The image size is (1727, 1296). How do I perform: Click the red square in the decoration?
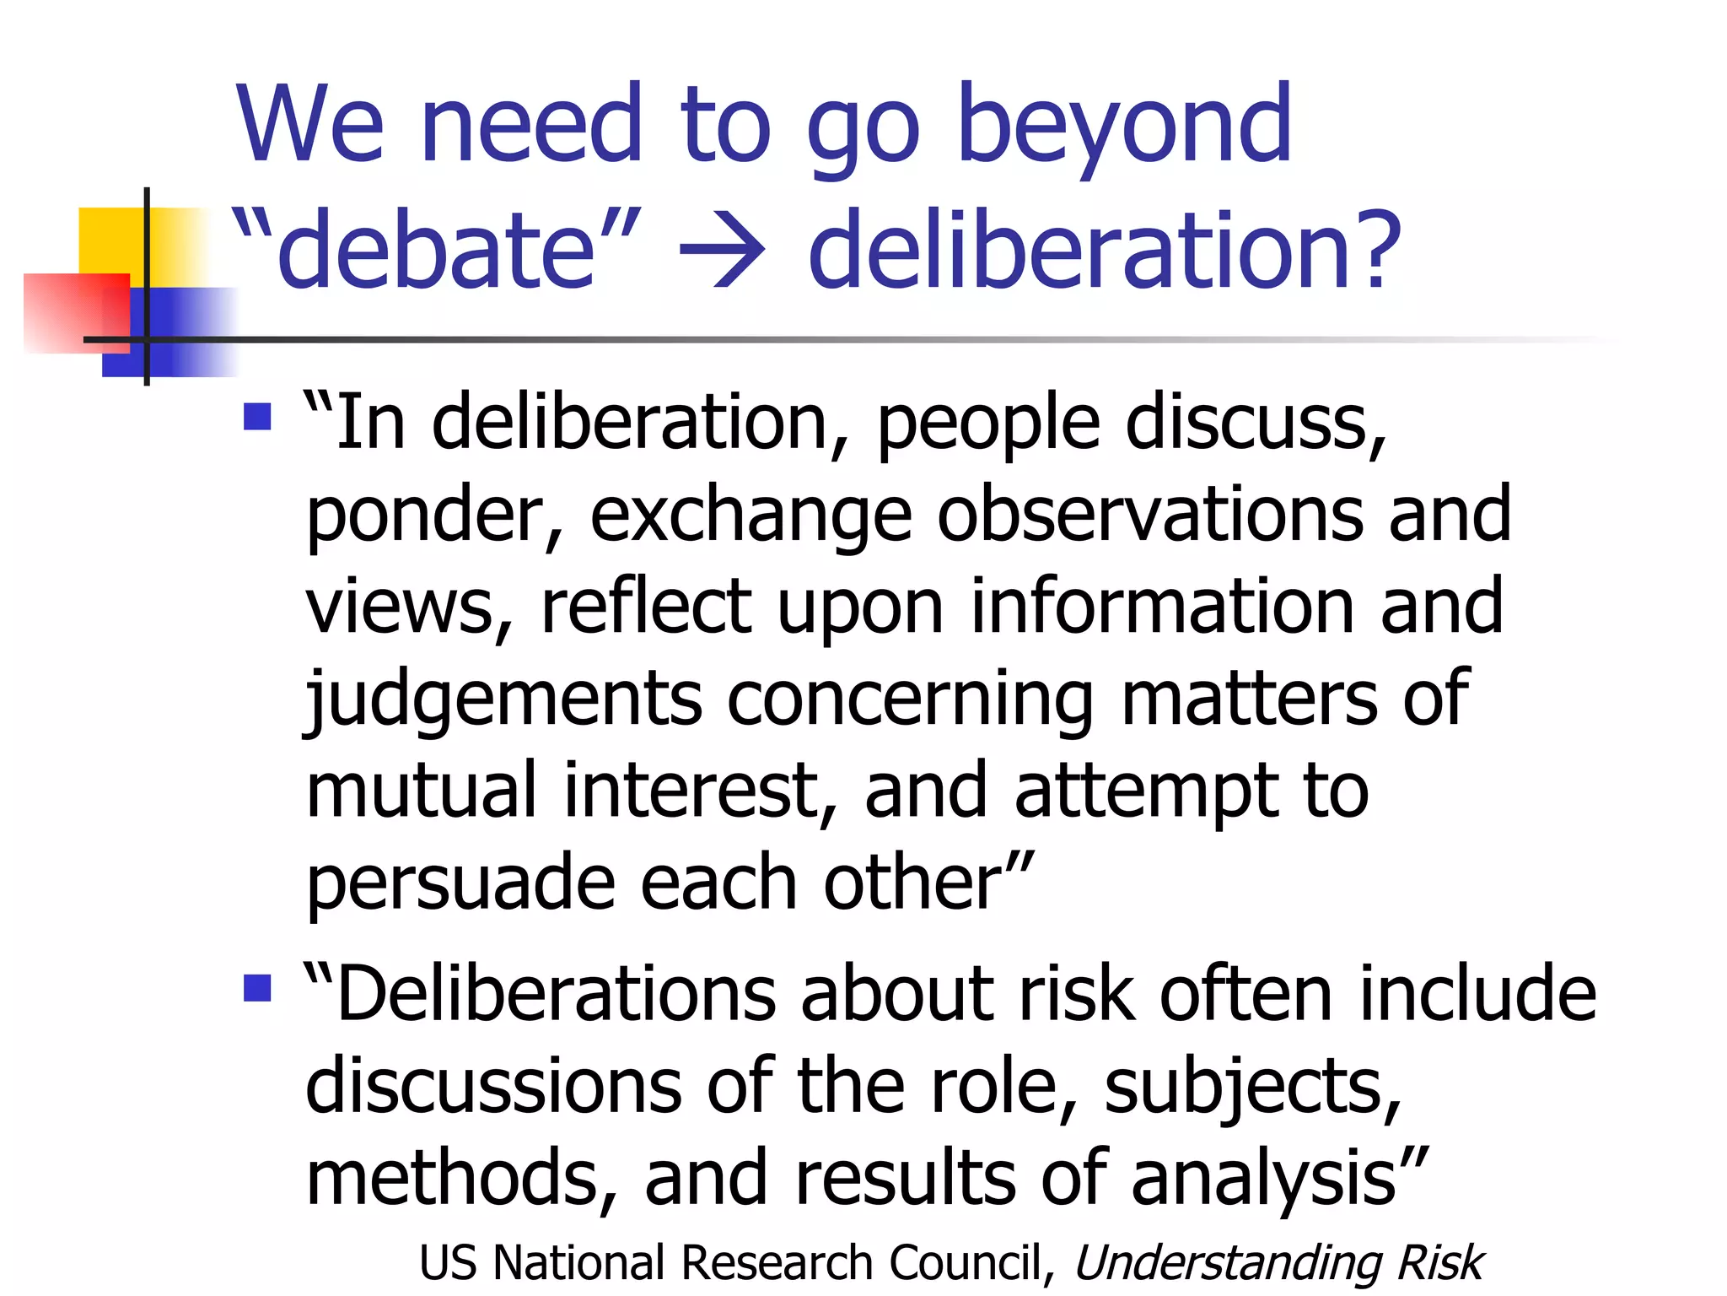click(x=76, y=311)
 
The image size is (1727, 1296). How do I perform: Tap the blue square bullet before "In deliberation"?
click(x=257, y=416)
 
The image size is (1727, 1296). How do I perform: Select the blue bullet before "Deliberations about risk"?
click(x=257, y=987)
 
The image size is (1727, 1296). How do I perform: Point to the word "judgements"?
click(x=503, y=699)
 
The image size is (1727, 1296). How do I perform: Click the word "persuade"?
click(x=460, y=883)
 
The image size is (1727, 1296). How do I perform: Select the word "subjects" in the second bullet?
click(x=1250, y=1087)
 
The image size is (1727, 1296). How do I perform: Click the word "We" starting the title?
click(x=310, y=127)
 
